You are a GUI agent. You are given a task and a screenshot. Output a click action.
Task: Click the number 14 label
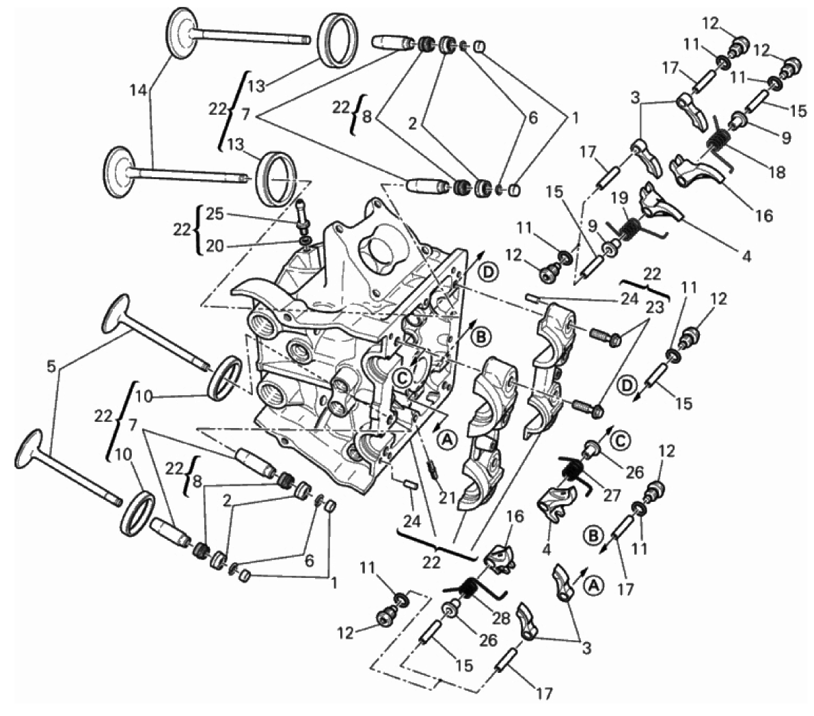139,90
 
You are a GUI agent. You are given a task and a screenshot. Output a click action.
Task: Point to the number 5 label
51,367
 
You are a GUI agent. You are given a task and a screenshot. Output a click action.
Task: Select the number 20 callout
215,246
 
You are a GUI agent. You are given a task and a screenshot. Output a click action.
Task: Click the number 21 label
447,498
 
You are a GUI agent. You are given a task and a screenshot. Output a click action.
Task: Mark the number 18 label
777,172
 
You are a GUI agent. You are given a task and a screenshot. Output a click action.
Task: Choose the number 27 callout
612,494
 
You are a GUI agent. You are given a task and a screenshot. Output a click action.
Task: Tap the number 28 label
502,618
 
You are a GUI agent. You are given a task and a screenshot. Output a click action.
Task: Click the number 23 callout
655,308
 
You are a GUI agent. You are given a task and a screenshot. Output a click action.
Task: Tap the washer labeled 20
306,241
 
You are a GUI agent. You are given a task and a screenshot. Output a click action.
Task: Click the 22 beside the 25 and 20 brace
182,229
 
